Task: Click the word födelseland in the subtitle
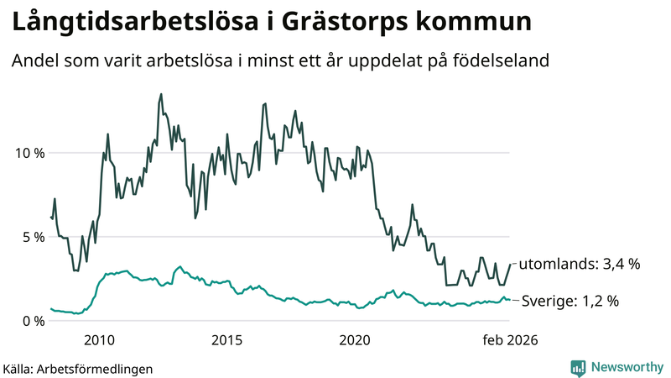point(510,61)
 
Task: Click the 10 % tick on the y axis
point(28,153)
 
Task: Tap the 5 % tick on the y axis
point(31,237)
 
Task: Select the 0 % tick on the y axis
point(31,321)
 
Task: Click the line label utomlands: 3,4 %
point(580,264)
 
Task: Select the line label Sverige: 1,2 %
point(570,301)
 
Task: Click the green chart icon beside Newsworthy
point(578,367)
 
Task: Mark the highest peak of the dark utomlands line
point(160,94)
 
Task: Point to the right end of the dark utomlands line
point(510,265)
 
